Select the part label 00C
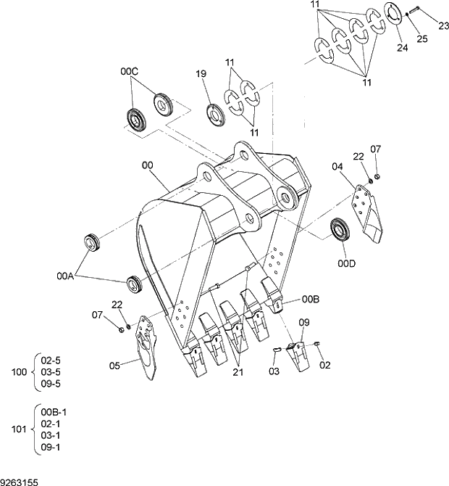tap(129, 72)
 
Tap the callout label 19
tap(201, 74)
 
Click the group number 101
tap(20, 428)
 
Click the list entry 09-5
tap(51, 384)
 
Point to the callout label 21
tap(238, 372)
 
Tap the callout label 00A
tap(66, 276)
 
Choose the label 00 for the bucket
tap(148, 165)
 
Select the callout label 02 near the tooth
tap(324, 365)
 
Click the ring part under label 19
tap(214, 113)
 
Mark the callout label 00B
tap(310, 299)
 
